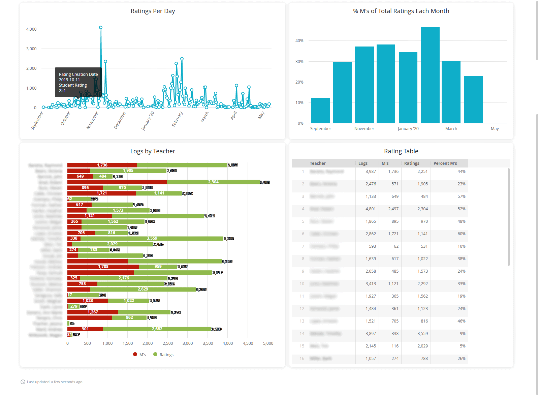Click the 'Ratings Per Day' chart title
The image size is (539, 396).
coord(153,11)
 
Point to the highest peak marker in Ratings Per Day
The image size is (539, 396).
coord(101,28)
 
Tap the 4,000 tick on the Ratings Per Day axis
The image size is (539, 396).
coord(31,29)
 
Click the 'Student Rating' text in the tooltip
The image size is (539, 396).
coord(73,85)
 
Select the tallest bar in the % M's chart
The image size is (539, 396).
coord(430,75)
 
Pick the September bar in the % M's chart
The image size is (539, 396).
coord(320,110)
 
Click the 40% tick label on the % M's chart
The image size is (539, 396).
coord(299,41)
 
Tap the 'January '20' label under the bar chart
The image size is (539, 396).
coord(408,129)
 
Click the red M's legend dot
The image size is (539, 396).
coord(135,354)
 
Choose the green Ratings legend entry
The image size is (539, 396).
coord(163,355)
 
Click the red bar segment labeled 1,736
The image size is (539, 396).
coord(102,165)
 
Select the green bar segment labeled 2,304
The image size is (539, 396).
coord(213,182)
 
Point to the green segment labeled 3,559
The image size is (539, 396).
coord(152,238)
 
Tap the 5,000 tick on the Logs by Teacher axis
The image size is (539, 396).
coord(268,343)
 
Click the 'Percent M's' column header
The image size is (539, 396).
coord(445,163)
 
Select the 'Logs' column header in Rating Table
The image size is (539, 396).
coord(363,163)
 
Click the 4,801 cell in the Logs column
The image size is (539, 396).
coord(371,209)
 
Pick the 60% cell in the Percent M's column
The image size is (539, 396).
coord(461,234)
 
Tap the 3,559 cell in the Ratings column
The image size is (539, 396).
coord(422,334)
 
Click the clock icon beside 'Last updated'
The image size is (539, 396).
coord(23,382)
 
